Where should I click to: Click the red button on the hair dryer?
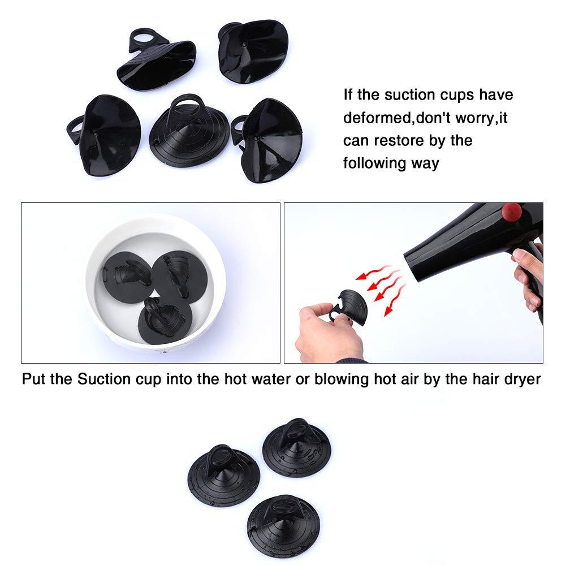512,212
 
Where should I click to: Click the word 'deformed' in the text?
377,118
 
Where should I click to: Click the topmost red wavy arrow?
374,272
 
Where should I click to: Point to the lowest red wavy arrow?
395,300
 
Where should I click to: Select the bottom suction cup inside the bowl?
165,320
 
